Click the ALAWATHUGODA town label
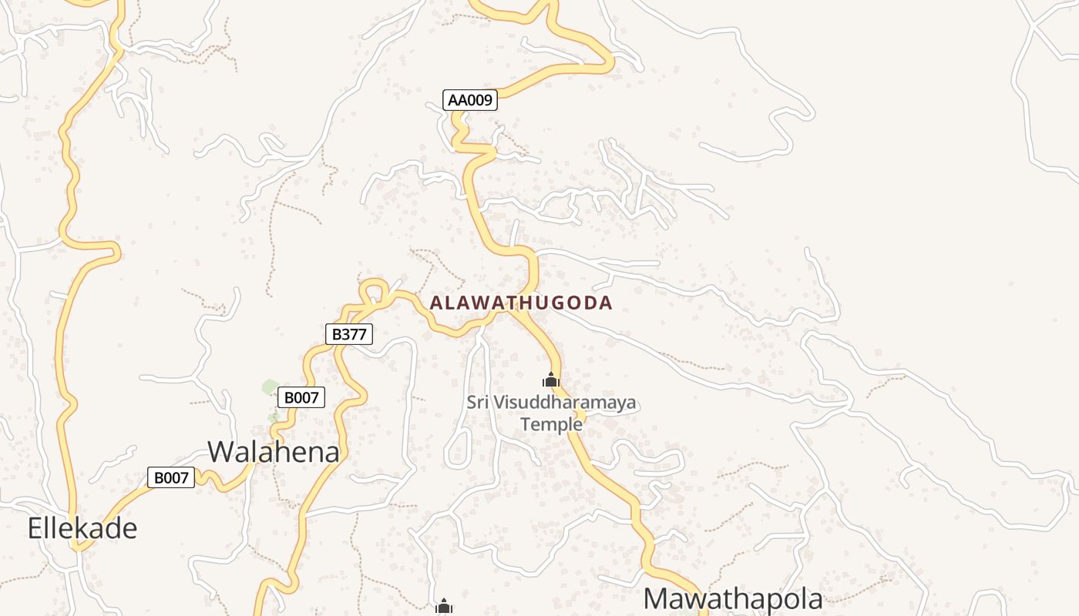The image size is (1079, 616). tap(521, 303)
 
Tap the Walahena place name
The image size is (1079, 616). tap(274, 451)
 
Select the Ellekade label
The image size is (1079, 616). tap(82, 528)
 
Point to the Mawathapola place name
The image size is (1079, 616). tap(733, 598)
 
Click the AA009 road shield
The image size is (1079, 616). tap(470, 100)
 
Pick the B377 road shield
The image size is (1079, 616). tap(349, 333)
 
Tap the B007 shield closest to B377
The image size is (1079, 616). tap(301, 397)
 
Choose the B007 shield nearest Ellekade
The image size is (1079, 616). tap(171, 477)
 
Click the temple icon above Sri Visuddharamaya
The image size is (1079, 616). tap(550, 380)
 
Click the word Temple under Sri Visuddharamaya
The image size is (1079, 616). tap(551, 423)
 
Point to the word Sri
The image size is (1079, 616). tap(478, 402)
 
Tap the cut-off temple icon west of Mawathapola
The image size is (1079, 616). tap(443, 608)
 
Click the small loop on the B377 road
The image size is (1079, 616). tap(374, 291)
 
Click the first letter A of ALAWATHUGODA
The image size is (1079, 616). tap(436, 303)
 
